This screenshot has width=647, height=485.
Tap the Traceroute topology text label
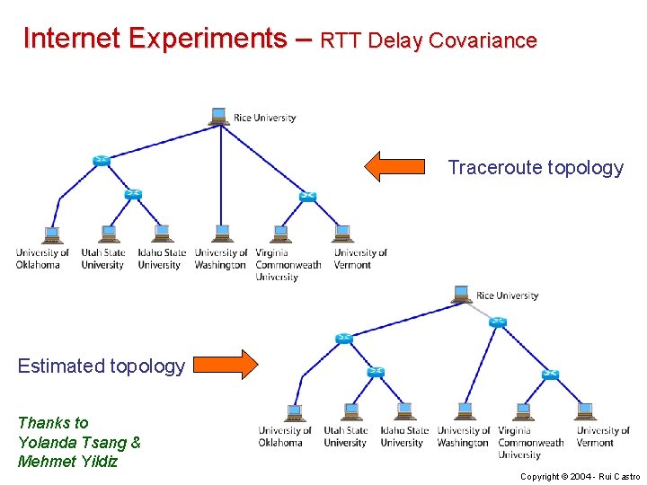[535, 168]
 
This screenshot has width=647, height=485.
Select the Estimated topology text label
[101, 366]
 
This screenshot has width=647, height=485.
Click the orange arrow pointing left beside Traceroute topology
[394, 166]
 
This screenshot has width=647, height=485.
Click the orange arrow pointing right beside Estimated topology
[225, 364]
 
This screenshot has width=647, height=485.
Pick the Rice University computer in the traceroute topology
[218, 117]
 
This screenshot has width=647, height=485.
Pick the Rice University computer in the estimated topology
[461, 295]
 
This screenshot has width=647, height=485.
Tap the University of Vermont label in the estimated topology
[602, 436]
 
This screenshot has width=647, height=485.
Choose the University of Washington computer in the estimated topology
[465, 412]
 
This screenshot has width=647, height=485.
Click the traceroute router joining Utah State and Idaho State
[133, 194]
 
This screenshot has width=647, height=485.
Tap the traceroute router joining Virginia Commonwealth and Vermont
[307, 196]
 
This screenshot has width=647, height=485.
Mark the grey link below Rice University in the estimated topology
[481, 311]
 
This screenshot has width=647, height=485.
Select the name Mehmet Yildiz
[67, 462]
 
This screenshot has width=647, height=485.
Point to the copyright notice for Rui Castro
[580, 476]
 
